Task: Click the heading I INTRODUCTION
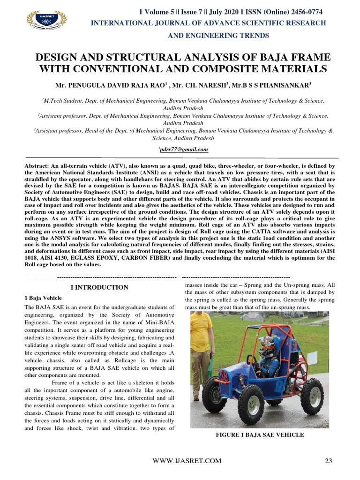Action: pyautogui.click(x=99, y=287)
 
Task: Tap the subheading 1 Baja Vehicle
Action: pyautogui.click(x=43, y=298)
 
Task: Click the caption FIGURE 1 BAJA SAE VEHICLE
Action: pyautogui.click(x=259, y=435)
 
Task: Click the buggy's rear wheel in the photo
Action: pyautogui.click(x=312, y=397)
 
